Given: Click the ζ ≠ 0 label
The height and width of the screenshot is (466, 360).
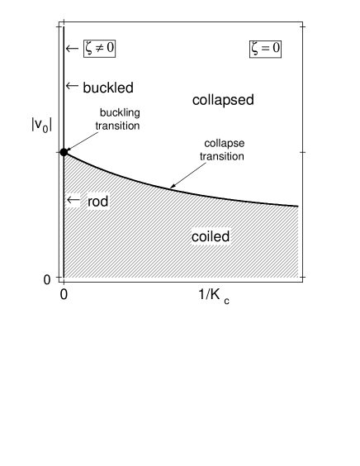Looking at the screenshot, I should click(99, 50).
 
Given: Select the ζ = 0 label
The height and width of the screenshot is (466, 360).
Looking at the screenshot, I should click(266, 50).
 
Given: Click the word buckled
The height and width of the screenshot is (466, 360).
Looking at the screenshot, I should click(108, 87).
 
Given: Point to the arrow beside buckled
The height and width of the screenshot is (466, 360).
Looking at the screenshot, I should click(72, 87).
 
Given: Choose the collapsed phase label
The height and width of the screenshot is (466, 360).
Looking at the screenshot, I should click(223, 100).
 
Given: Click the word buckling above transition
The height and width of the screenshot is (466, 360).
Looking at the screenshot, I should click(119, 112).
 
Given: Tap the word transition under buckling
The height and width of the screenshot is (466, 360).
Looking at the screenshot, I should click(119, 126).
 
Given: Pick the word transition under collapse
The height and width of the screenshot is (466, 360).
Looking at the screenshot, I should click(223, 155).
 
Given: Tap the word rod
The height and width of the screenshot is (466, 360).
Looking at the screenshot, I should click(97, 202).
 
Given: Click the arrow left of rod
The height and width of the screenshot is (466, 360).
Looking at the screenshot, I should click(73, 201).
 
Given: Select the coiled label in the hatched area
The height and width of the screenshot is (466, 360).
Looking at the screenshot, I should click(210, 237).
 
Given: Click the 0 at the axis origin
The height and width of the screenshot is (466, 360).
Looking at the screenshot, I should click(64, 293).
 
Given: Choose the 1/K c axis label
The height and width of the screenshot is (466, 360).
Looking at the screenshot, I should click(213, 296).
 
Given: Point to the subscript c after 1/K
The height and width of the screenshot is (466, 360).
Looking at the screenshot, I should click(226, 302).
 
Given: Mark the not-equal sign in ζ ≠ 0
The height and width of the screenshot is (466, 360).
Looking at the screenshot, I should click(99, 50).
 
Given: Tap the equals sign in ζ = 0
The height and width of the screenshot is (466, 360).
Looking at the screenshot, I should click(266, 50).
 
